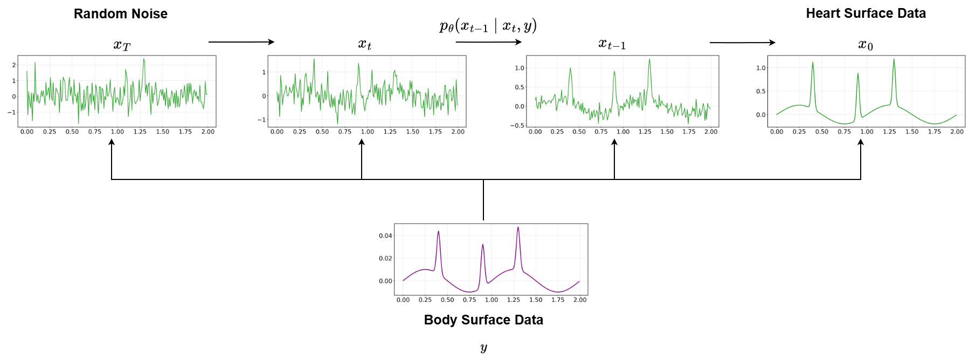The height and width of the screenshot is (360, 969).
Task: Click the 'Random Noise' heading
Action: point(120,14)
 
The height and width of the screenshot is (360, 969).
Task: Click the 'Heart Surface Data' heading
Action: point(866,14)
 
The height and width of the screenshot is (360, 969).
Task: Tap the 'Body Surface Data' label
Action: point(483,320)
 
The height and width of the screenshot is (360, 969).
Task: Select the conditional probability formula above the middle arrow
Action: point(488,26)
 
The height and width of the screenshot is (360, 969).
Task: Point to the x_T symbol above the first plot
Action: point(122,45)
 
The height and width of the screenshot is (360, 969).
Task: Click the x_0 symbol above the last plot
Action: point(866,45)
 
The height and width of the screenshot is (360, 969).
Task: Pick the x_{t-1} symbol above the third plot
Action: point(612,45)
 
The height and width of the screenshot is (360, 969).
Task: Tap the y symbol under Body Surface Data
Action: point(483,348)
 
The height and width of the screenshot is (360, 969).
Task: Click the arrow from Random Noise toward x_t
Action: point(241,42)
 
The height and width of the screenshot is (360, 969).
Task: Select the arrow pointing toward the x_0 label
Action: point(742,43)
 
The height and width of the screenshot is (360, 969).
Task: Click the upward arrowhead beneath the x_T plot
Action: point(112,143)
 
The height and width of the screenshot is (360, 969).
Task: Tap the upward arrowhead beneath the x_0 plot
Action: point(861,143)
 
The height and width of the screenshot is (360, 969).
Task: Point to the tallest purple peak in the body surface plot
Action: point(518,227)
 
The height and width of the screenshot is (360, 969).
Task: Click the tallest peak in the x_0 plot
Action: point(894,60)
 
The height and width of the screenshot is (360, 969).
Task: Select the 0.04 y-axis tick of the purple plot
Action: point(385,236)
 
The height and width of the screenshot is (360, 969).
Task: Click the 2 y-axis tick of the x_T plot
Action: point(14,65)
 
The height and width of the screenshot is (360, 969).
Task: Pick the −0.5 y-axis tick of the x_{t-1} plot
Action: point(517,126)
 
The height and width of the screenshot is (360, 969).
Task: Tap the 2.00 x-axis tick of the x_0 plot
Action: point(957,131)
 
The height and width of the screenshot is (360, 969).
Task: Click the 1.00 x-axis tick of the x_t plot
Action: point(367,131)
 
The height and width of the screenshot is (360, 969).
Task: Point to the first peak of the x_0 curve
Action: point(813,63)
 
